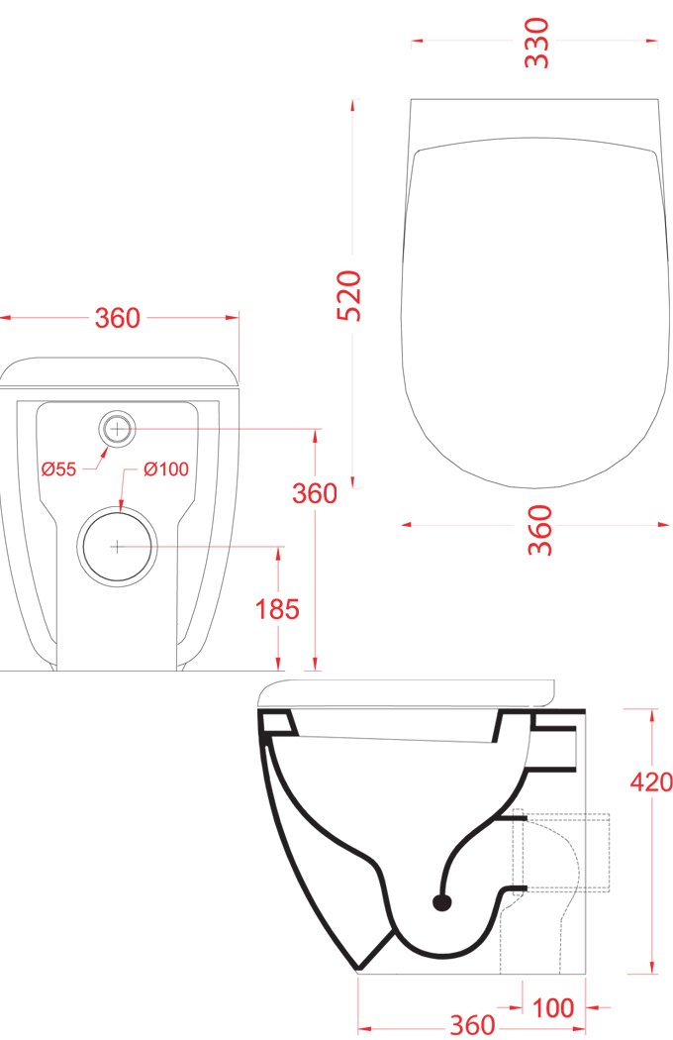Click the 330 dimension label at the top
(x=537, y=43)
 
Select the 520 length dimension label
(x=349, y=296)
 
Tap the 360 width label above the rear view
(x=118, y=318)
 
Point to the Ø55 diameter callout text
(x=59, y=469)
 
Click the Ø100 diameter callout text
(x=165, y=468)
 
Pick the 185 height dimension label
(x=278, y=609)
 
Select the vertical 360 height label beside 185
(x=315, y=493)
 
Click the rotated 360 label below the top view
(x=540, y=530)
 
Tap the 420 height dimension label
(x=651, y=782)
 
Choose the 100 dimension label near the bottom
(x=553, y=1008)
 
